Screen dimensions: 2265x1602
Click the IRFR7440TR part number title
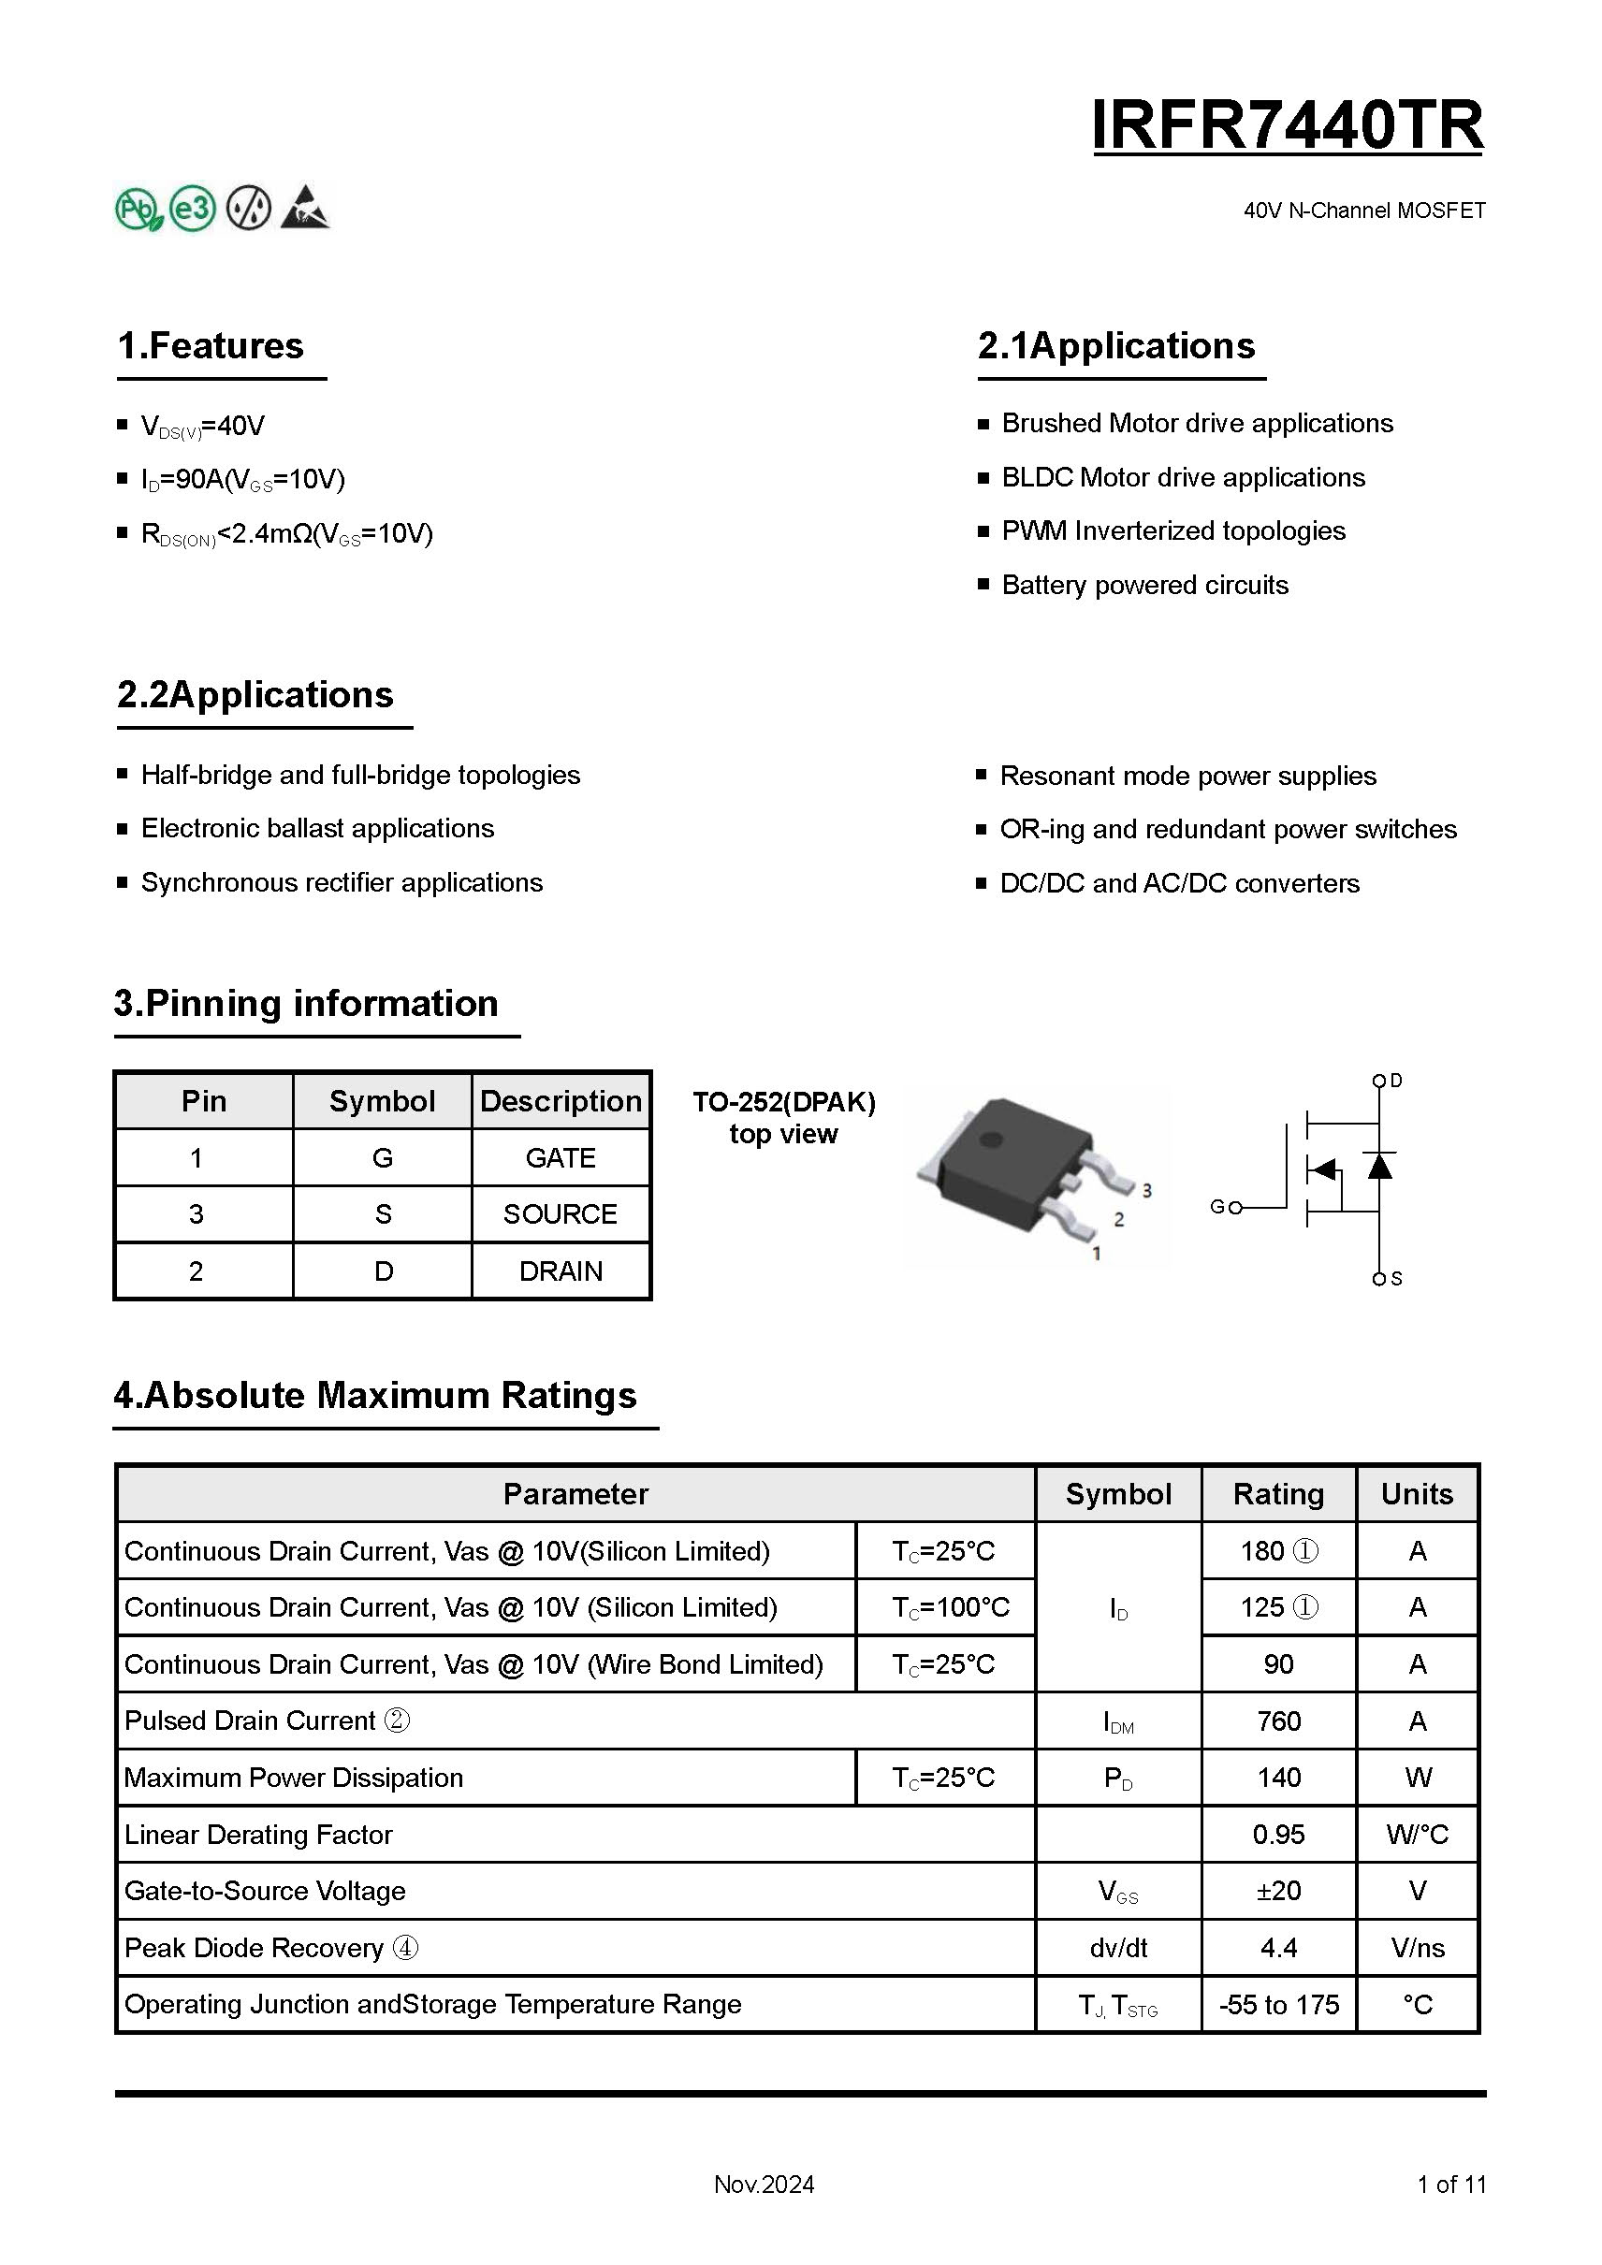tap(1287, 125)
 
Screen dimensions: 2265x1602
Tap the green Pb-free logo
tap(139, 210)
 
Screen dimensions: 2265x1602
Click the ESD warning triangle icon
tap(305, 208)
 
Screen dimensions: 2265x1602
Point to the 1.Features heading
tap(211, 346)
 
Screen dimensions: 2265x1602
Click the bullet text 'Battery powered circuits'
tap(1144, 585)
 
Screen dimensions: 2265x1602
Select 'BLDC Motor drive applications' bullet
tap(1183, 477)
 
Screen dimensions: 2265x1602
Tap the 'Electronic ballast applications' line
tap(316, 829)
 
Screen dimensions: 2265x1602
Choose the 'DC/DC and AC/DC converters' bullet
tap(1179, 884)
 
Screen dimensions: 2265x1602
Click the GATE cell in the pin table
tap(561, 1157)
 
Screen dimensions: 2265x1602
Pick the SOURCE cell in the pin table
tap(561, 1214)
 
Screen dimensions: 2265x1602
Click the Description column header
tap(561, 1101)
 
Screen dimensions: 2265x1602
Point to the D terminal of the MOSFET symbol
tap(1380, 1082)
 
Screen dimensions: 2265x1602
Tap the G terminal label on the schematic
tap(1219, 1207)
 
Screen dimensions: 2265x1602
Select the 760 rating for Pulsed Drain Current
tap(1278, 1721)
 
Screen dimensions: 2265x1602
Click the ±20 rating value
tap(1278, 1891)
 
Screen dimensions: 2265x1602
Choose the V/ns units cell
tap(1418, 1949)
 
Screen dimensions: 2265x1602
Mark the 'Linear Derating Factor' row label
tap(258, 1835)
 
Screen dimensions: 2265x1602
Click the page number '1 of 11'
tap(1451, 2185)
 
